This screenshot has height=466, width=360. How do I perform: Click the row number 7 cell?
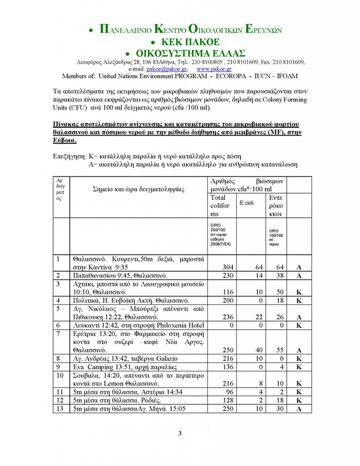(58, 333)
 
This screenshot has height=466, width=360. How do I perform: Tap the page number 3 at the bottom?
(180, 432)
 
